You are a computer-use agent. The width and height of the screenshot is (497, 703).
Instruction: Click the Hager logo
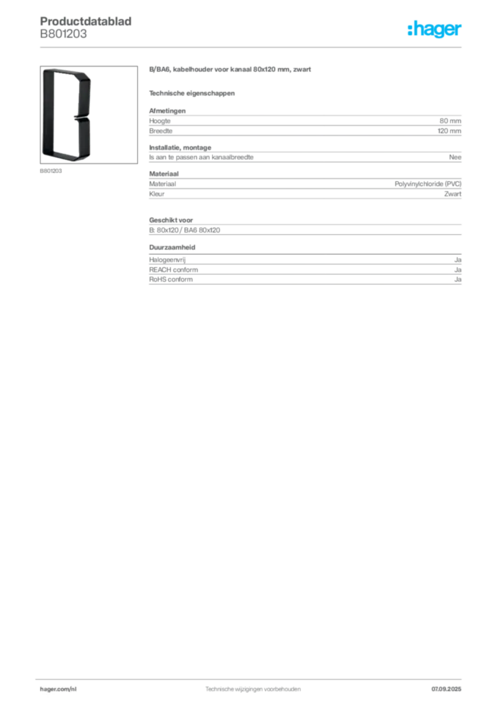tap(435, 29)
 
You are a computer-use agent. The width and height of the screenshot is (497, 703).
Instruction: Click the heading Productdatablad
tap(86, 21)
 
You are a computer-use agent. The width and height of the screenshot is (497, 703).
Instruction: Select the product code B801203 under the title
tap(63, 34)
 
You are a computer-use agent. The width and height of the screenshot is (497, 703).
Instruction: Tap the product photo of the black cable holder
tap(89, 115)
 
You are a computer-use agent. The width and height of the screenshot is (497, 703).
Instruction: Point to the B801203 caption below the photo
tap(51, 171)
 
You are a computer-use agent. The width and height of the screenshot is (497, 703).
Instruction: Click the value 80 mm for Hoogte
tap(450, 121)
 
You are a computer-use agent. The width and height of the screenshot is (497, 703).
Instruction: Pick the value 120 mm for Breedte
tap(449, 131)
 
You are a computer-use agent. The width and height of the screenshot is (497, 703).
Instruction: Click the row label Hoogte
tap(159, 121)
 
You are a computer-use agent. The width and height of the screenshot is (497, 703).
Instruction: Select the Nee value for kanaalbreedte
tap(455, 157)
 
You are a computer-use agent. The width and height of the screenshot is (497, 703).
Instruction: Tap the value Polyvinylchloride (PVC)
tap(428, 184)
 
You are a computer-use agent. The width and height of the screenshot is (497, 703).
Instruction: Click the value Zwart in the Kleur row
tap(452, 194)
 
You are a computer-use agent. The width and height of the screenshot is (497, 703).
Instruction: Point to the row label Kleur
tap(157, 194)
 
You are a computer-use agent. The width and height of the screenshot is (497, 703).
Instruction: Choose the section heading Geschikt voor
tap(171, 220)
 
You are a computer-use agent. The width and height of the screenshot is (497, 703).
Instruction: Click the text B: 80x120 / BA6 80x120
tap(185, 230)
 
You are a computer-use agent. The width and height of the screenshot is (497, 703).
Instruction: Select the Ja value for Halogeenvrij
tap(458, 260)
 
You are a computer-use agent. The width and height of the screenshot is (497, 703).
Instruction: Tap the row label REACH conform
tap(174, 270)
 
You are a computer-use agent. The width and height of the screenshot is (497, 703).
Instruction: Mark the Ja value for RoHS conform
tap(458, 279)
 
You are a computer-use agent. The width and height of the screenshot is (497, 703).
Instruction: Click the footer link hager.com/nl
tap(58, 689)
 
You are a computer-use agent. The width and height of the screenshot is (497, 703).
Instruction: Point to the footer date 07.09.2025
tap(446, 689)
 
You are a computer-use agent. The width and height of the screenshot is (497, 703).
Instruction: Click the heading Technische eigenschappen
tap(192, 93)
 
